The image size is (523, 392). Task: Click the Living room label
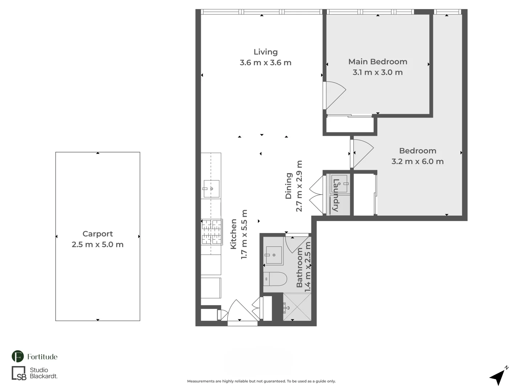pyautogui.click(x=265, y=52)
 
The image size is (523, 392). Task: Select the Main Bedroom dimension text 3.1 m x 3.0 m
pyautogui.click(x=377, y=72)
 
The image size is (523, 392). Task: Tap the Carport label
pyautogui.click(x=97, y=234)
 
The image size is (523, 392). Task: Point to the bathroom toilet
pyautogui.click(x=275, y=279)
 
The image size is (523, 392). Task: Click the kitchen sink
pyautogui.click(x=211, y=189)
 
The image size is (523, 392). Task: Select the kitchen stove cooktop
pyautogui.click(x=212, y=232)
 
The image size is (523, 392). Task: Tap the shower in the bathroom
pyautogui.click(x=297, y=307)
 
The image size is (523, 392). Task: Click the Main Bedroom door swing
pyautogui.click(x=334, y=95)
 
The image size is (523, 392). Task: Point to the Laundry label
pyautogui.click(x=336, y=195)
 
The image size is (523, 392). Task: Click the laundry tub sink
pyautogui.click(x=339, y=184)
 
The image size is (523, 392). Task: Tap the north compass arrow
pyautogui.click(x=498, y=377)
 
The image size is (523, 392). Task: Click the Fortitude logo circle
pyautogui.click(x=18, y=356)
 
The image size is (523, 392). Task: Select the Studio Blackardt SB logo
pyautogui.click(x=19, y=373)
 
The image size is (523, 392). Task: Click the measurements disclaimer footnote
pyautogui.click(x=261, y=381)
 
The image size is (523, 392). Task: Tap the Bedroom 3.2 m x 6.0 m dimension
pyautogui.click(x=417, y=162)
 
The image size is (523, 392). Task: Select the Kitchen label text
pyautogui.click(x=234, y=234)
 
